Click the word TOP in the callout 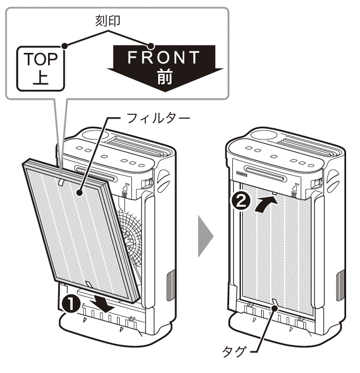coord(41,59)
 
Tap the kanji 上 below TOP coord(41,77)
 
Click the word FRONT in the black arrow coord(163,57)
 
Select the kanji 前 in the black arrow coord(165,77)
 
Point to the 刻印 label coord(108,21)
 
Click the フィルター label coord(158,118)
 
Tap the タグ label coord(233,351)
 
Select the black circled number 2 coord(241,201)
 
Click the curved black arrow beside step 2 coord(265,204)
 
